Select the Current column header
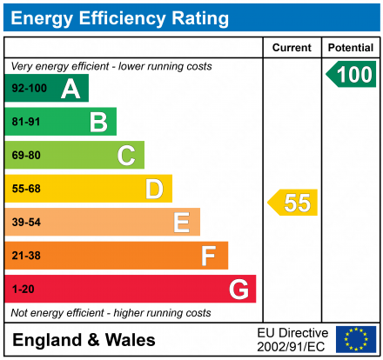click(292, 48)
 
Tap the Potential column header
click(351, 48)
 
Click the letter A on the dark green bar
click(70, 88)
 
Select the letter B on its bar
click(97, 122)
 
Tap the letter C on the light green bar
click(126, 156)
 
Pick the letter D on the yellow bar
click(154, 189)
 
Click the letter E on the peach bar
click(181, 223)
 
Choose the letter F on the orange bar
click(208, 256)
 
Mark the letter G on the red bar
click(237, 289)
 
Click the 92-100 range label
click(30, 88)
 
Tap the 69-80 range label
click(26, 156)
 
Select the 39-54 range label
click(26, 223)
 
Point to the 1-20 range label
click(23, 289)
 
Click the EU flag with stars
click(356, 339)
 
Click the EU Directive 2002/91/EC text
click(292, 339)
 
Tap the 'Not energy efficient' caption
click(111, 312)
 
